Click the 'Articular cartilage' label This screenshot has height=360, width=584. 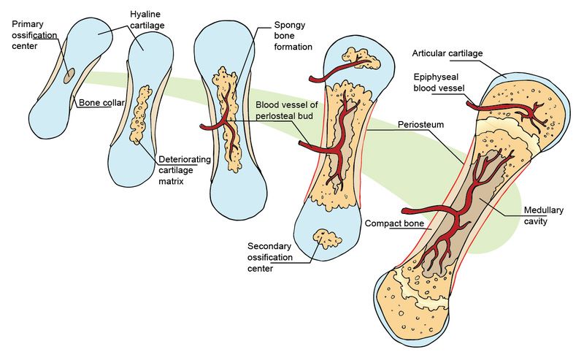[x=447, y=53]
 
